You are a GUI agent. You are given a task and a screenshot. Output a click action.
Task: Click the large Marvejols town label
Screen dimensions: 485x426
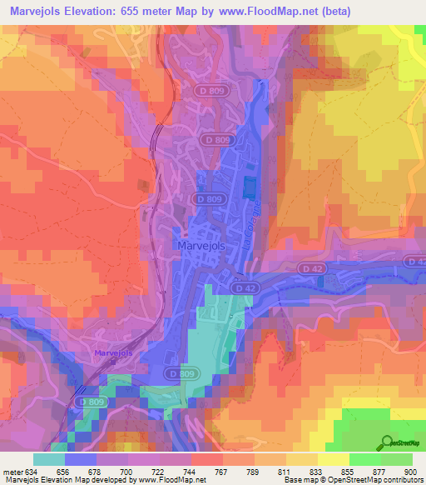(x=202, y=246)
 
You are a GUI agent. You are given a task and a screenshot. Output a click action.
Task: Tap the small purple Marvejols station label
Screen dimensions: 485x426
(x=114, y=352)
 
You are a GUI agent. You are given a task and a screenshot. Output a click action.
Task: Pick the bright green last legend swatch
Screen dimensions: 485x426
(x=396, y=458)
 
